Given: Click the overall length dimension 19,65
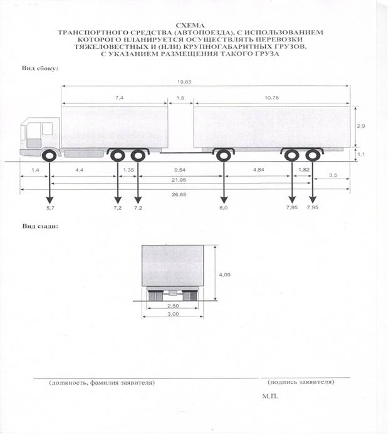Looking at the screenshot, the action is click(184, 82).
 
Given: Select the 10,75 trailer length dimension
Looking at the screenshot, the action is click(272, 98).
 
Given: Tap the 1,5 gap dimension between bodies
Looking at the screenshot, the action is click(180, 98).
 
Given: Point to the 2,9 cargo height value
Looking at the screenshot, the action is click(361, 126).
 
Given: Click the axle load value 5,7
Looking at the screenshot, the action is click(50, 208).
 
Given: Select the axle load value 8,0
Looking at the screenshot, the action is click(224, 208).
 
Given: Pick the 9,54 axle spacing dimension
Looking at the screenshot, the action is click(180, 170).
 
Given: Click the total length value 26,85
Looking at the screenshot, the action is click(179, 194).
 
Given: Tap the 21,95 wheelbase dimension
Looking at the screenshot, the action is click(179, 180).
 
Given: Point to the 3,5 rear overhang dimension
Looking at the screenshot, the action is click(333, 175).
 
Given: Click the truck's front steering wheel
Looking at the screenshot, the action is click(50, 156).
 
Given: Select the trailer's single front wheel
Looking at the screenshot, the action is click(223, 156).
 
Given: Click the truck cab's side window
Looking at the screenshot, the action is click(47, 129).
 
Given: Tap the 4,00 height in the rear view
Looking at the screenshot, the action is click(225, 274).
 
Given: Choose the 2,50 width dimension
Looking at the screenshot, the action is click(173, 306).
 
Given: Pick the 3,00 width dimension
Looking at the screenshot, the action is click(173, 314).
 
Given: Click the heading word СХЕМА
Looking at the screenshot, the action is click(190, 25).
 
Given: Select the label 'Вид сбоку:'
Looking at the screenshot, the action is click(40, 68).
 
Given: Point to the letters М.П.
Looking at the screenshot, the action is click(269, 397).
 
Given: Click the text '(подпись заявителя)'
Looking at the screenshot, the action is click(301, 381).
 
